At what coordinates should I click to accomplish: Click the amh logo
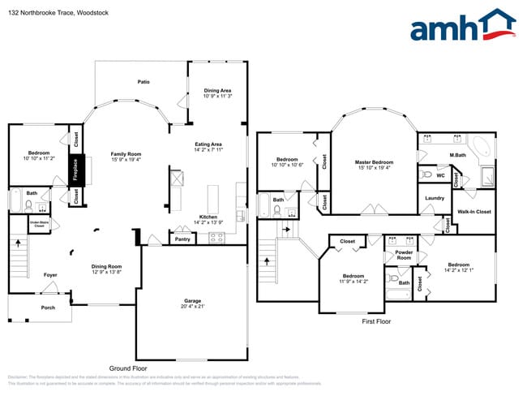(462, 26)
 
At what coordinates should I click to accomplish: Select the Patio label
(143, 82)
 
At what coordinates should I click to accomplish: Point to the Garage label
(192, 301)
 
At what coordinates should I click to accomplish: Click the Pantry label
(182, 239)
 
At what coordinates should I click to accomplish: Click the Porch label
(49, 308)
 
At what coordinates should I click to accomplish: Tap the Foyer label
(50, 275)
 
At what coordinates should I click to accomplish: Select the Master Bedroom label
(374, 162)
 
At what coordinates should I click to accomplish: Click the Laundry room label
(434, 198)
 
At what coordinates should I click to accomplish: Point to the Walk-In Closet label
(474, 212)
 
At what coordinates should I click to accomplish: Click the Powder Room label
(404, 254)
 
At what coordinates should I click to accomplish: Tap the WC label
(440, 174)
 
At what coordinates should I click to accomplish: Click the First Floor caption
(376, 322)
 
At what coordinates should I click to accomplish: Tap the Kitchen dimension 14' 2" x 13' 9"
(208, 222)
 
